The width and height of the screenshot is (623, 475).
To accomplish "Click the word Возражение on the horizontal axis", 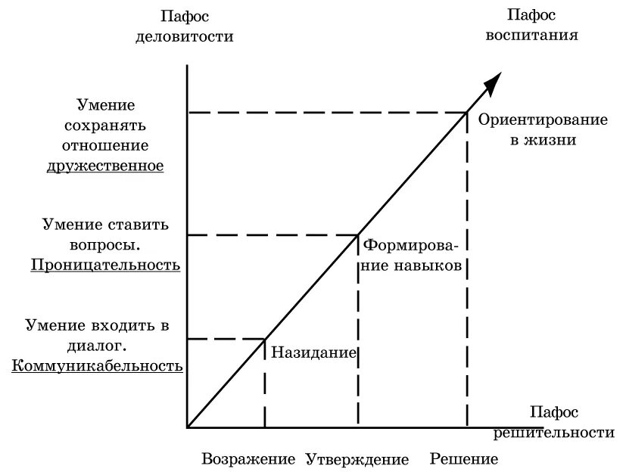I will [x=248, y=459].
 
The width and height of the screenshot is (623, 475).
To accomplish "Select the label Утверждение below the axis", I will [x=357, y=459].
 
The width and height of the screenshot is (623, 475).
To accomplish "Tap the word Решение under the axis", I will [x=463, y=459].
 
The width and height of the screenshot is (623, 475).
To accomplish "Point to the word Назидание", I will [x=313, y=352].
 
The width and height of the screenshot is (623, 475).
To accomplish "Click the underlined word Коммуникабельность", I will [x=97, y=366].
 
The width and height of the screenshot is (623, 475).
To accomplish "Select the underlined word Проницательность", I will [x=105, y=265].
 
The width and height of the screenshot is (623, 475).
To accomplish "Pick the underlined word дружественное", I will [x=105, y=165].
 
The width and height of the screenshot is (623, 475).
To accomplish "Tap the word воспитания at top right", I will [x=543, y=34].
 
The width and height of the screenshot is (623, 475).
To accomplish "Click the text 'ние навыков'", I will [x=413, y=265].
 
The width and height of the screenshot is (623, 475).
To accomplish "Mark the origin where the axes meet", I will [x=187, y=427].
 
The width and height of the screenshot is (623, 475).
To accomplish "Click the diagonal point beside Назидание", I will [x=264, y=338].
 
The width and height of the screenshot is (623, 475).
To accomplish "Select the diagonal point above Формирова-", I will [x=358, y=235].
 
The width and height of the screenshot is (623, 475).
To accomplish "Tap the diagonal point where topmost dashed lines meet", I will [x=466, y=113].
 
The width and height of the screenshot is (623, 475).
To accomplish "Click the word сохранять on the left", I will [x=117, y=126].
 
